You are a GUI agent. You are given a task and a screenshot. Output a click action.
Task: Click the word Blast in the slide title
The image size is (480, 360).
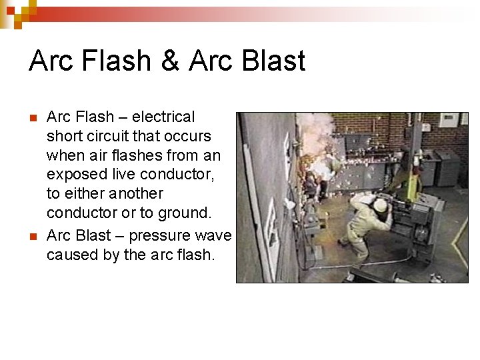pyautogui.click(x=274, y=61)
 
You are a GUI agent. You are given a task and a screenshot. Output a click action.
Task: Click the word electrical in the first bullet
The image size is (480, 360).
pyautogui.click(x=163, y=117)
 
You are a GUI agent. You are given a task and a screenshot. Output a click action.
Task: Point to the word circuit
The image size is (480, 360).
pyautogui.click(x=112, y=137)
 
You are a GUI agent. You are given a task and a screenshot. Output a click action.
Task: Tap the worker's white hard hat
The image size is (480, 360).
pyautogui.click(x=381, y=205)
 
